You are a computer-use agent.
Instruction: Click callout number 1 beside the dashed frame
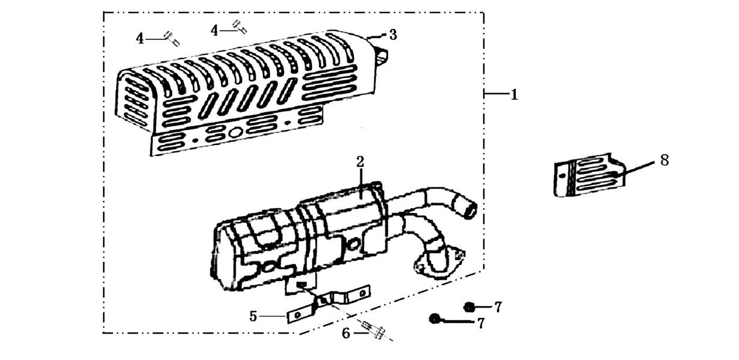pos(514,95)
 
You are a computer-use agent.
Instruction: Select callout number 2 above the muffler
pos(360,162)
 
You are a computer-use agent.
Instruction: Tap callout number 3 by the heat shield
pos(392,35)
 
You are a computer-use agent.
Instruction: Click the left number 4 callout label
pos(140,39)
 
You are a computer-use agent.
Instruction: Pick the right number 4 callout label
pos(214,31)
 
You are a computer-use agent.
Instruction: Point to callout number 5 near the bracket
pos(253,317)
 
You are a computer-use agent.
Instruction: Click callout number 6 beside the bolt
pos(346,334)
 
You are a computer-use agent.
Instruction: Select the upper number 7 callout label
pos(498,307)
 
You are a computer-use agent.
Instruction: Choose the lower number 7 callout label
pos(481,323)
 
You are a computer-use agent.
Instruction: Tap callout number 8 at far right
pos(664,160)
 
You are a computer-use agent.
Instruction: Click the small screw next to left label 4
pos(172,39)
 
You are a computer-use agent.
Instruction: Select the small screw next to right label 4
pos(240,26)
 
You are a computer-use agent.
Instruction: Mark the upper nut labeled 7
pos(469,307)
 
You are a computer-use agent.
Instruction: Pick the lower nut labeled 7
pos(434,318)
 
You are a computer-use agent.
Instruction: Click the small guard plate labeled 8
pos(589,175)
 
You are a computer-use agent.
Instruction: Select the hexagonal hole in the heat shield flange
pos(235,133)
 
